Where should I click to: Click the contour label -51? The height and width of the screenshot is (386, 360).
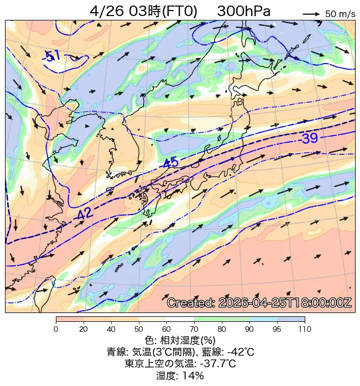(52, 55)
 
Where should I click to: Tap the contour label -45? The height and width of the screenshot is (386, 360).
(170, 163)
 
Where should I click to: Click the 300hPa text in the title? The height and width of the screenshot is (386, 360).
(244, 11)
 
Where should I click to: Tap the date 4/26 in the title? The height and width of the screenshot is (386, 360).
(107, 11)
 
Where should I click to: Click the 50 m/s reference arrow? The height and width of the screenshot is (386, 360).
(312, 13)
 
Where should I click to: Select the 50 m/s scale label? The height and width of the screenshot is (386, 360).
(340, 14)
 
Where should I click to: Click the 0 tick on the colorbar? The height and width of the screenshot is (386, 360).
(56, 330)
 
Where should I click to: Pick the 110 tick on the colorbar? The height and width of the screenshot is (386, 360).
(305, 330)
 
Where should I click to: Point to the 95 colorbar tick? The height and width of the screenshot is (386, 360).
(277, 330)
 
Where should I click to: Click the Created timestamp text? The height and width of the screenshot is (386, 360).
(259, 303)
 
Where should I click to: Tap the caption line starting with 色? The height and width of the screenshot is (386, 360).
(180, 340)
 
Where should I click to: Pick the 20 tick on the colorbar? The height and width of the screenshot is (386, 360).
(84, 330)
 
